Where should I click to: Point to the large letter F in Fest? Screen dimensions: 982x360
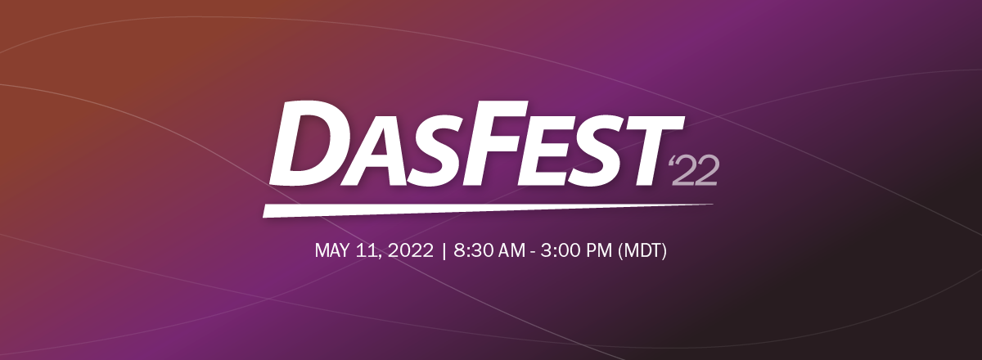pos(502,142)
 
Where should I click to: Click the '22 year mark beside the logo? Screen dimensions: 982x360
pos(693,170)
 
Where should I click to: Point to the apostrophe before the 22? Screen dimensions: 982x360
pos(671,161)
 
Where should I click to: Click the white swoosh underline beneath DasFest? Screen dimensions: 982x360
pos(488,210)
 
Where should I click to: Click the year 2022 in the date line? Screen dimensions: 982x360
pos(410,250)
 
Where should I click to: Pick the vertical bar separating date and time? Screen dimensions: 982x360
pos(444,251)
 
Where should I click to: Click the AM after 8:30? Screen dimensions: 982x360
pos(510,250)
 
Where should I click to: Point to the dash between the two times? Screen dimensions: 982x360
pos(532,253)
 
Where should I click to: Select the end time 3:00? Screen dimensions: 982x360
pos(559,250)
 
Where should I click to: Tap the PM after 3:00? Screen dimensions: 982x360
pos(597,250)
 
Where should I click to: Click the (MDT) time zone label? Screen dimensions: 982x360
pos(642,251)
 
